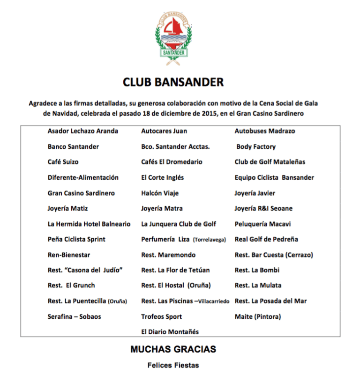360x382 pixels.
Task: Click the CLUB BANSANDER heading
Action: (173, 82)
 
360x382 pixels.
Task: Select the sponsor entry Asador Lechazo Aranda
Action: (82, 131)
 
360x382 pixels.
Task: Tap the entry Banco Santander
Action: (73, 147)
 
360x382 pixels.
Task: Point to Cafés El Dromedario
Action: (172, 162)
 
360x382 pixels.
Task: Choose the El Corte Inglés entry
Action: (162, 177)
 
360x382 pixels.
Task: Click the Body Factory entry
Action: (256, 147)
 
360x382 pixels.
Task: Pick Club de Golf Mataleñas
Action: (270, 162)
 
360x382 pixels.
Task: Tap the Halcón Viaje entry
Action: (160, 193)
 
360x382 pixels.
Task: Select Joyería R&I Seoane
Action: (263, 208)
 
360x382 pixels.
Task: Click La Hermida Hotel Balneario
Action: (89, 224)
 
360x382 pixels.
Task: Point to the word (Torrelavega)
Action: (209, 240)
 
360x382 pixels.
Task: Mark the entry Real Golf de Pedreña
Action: (266, 239)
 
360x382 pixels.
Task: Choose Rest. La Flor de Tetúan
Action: (175, 270)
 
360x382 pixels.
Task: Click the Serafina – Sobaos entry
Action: (74, 316)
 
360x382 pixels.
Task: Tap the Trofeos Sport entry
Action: (161, 316)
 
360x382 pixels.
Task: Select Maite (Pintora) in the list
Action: (258, 316)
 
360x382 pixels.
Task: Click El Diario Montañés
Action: (170, 332)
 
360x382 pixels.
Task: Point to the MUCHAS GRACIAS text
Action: (173, 349)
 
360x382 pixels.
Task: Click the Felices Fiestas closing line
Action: (173, 365)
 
